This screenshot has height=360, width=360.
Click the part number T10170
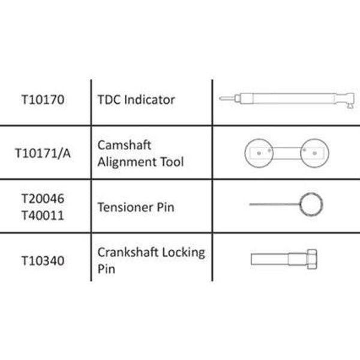point(43,100)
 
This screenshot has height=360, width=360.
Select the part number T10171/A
point(43,153)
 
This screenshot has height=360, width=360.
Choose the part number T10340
point(43,259)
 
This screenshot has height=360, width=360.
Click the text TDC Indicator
point(136,100)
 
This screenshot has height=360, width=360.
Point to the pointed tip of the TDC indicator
point(223,99)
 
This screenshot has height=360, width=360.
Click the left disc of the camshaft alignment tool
point(259,153)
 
